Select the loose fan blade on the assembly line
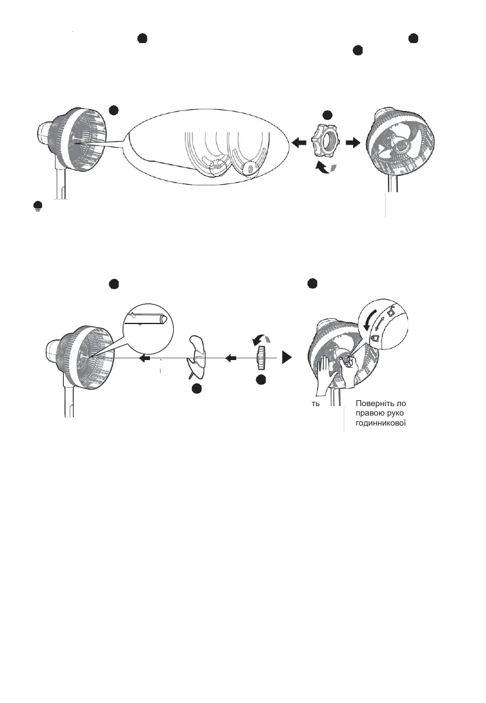click(x=197, y=358)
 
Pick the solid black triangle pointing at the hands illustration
click(x=288, y=358)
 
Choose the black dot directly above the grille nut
click(x=328, y=115)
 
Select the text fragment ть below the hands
click(x=316, y=404)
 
